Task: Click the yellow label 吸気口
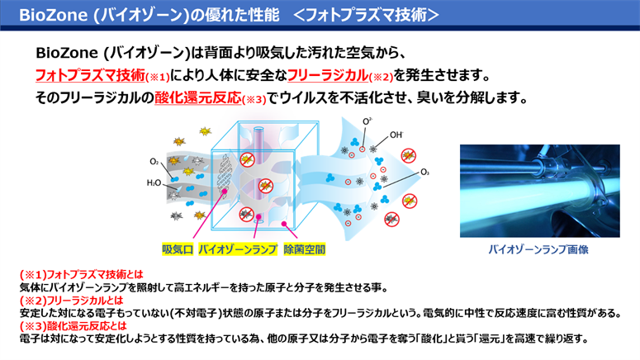178,249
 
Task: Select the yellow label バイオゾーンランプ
238,249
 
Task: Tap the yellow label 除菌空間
304,249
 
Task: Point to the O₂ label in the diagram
154,162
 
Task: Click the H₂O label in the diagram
154,182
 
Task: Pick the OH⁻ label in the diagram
396,135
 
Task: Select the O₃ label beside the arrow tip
425,173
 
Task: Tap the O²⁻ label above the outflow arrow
367,121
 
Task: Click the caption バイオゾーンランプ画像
538,249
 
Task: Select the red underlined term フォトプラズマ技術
90,75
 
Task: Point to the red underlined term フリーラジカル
328,75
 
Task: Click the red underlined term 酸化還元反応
198,97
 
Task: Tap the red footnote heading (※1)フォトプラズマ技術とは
82,275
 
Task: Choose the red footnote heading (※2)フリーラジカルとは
71,301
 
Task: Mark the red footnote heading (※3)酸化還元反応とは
73,326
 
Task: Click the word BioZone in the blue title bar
54,15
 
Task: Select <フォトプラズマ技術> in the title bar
366,15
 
